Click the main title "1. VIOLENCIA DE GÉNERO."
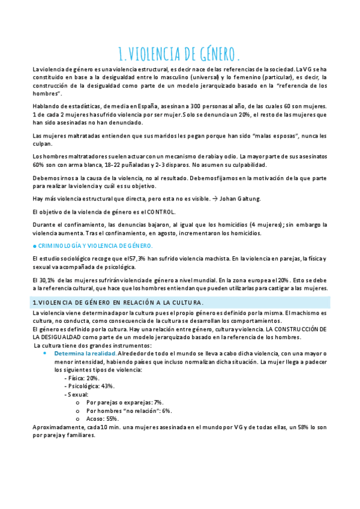coord(180,54)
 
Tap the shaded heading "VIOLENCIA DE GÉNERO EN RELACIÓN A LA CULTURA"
coord(120,302)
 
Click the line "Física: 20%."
coord(83,378)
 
